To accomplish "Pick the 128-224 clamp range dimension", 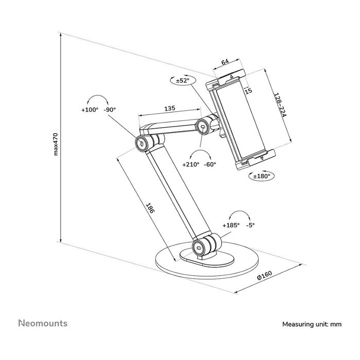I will (x=280, y=106).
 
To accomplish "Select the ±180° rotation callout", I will (x=262, y=176).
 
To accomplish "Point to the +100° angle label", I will (x=89, y=110).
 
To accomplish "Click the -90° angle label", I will (x=110, y=110).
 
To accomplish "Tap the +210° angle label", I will (x=191, y=165).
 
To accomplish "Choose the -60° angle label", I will (x=210, y=165).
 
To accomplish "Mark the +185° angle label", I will (x=231, y=225).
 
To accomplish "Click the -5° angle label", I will (x=251, y=225).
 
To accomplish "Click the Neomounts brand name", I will (x=43, y=323).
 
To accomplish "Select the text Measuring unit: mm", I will (x=312, y=325).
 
